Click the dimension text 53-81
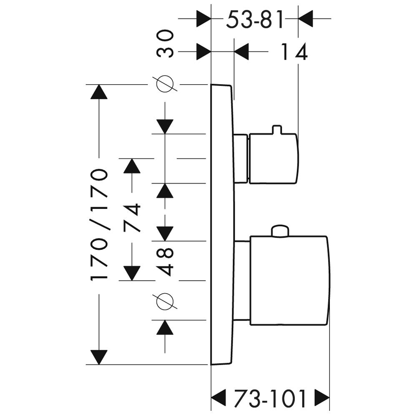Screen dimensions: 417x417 255,19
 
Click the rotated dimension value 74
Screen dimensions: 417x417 133,219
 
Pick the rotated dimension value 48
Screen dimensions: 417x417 166,261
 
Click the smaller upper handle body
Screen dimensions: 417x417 274,158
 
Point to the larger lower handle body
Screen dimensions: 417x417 289,280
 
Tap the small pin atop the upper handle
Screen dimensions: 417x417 276,130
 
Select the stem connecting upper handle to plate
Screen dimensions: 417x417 241,158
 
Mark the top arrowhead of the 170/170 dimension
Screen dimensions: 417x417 99,92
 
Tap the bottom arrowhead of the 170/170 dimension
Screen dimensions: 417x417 99,357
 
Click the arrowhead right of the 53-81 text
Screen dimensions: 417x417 306,19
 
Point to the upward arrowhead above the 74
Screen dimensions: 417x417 133,166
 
